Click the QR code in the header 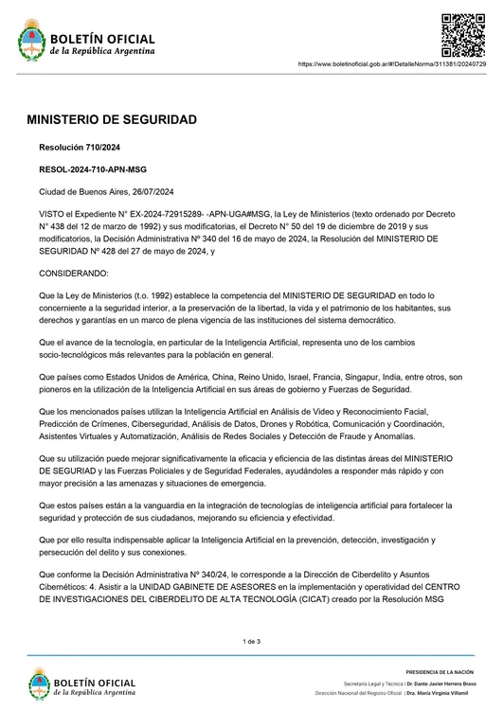click(464, 35)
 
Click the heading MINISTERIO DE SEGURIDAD click(111, 121)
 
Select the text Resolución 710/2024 click(79, 148)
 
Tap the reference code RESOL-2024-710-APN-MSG click(93, 169)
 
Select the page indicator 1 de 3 click(251, 642)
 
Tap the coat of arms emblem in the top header click(31, 43)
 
